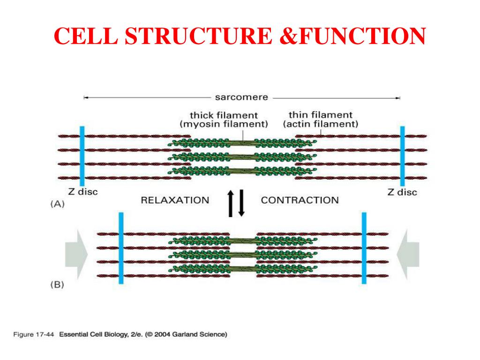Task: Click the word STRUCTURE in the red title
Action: pos(198,36)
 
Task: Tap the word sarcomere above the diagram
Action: pos(241,97)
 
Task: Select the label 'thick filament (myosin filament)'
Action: pos(224,120)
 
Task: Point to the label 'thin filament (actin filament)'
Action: pos(321,120)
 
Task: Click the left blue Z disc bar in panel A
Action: pos(82,156)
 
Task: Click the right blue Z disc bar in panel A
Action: pos(403,156)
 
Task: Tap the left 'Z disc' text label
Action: pos(83,192)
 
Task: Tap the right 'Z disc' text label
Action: pos(402,192)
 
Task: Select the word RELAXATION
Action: pos(175,200)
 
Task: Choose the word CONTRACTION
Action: pos(300,200)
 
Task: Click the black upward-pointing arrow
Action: pos(231,203)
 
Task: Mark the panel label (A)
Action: pos(58,204)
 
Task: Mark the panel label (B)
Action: pos(57,285)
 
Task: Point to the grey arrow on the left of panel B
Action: pos(76,255)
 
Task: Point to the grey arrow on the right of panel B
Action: pos(408,255)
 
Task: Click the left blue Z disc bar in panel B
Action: pos(121,248)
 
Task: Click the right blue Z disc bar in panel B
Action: pos(364,248)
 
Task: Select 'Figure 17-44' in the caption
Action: pos(33,334)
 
